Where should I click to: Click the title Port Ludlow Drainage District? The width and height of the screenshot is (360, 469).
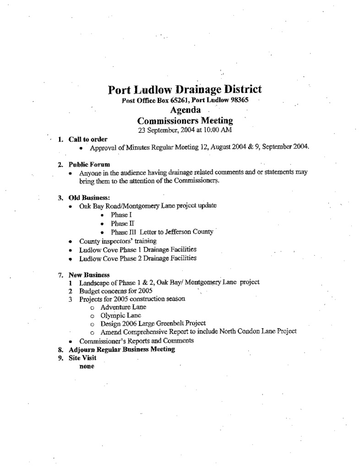coord(185,89)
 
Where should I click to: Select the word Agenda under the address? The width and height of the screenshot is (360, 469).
coord(185,110)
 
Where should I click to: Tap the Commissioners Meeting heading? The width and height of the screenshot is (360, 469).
coord(185,120)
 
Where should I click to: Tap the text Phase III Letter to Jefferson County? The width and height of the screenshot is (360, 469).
coord(162,232)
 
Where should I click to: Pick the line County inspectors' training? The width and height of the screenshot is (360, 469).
coord(118,241)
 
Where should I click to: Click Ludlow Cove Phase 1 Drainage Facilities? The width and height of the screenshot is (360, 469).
coord(138,250)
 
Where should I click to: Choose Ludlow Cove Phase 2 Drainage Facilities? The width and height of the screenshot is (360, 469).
coord(138,258)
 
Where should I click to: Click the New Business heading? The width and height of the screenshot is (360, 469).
coord(89,275)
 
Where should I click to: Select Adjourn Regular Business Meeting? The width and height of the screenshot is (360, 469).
coord(122,349)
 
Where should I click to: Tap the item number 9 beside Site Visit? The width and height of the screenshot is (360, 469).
coord(60,358)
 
